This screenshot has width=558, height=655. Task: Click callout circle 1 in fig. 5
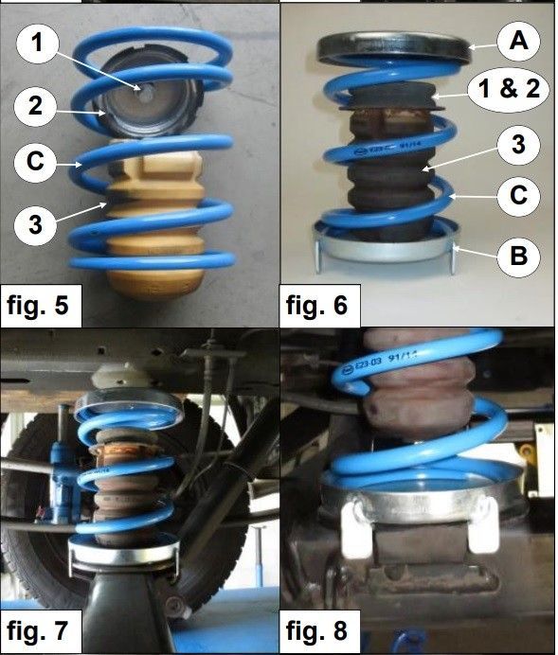(x=38, y=43)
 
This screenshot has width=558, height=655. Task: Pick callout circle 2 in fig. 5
(x=36, y=106)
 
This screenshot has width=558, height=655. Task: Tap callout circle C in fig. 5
(x=36, y=162)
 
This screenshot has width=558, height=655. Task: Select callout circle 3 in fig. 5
(x=36, y=224)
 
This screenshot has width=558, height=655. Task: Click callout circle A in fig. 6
(x=518, y=42)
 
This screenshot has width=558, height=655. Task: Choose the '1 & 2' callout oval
(x=508, y=90)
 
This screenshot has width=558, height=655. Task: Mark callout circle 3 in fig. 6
(x=518, y=145)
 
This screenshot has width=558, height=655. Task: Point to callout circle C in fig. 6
(x=518, y=195)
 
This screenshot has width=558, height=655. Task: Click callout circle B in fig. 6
(x=518, y=256)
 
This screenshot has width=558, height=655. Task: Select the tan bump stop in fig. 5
(x=154, y=221)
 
